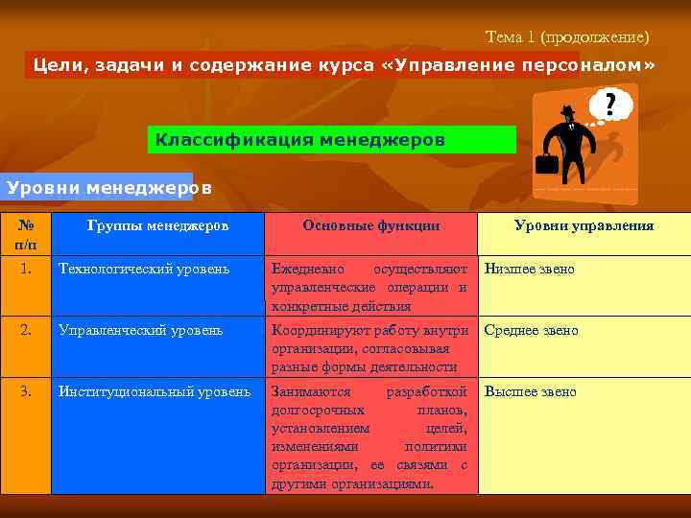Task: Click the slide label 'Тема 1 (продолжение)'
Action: tap(567, 37)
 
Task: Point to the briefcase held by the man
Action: tap(546, 163)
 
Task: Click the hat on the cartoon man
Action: tap(567, 111)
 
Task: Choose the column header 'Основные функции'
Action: tap(371, 225)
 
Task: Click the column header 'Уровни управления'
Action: tap(584, 225)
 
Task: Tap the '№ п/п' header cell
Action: tap(27, 235)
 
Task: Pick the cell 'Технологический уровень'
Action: tap(144, 270)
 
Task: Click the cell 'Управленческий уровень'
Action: tap(140, 331)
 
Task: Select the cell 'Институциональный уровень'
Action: tap(155, 392)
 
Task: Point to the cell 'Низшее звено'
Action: tap(530, 270)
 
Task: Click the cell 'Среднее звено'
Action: tap(532, 331)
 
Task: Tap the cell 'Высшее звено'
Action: tap(531, 392)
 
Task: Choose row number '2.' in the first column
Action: tap(27, 331)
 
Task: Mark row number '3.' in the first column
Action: tap(27, 392)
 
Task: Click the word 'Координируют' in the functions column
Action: tap(317, 331)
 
